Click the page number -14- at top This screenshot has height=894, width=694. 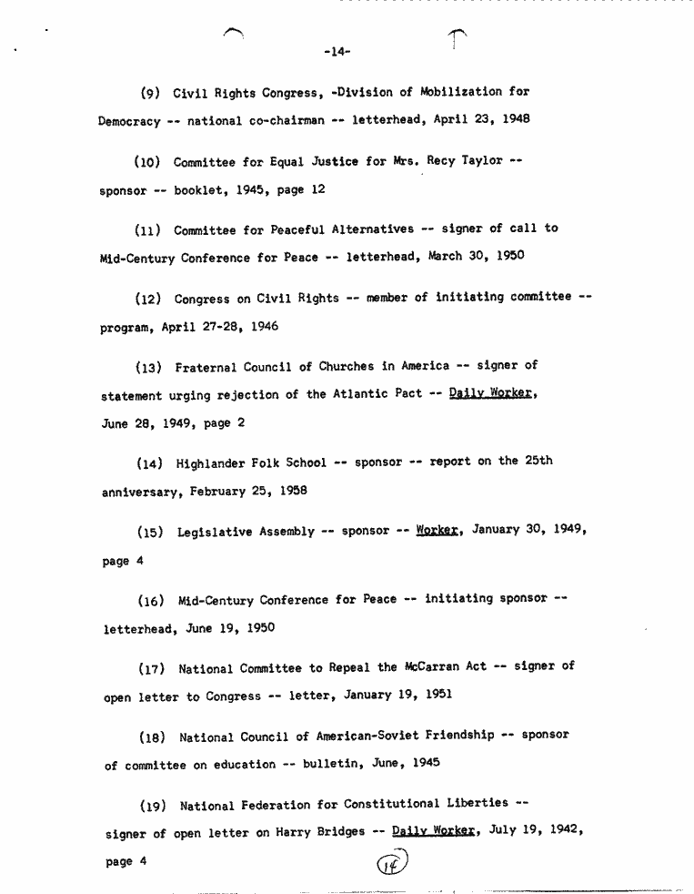tap(337, 52)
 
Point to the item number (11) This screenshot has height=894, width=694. tap(148, 230)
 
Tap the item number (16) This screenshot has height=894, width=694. tap(150, 601)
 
